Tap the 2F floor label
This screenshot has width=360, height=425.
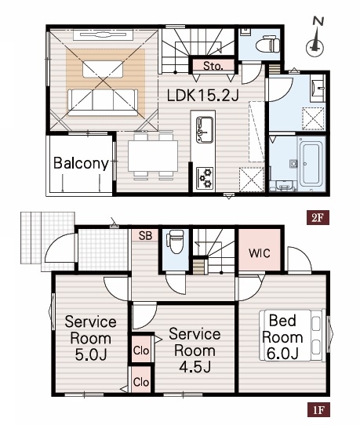click(318, 217)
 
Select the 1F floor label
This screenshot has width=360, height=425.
click(318, 409)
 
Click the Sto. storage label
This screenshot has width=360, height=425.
click(213, 66)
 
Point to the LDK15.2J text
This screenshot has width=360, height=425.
click(202, 96)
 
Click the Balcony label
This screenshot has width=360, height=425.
click(81, 163)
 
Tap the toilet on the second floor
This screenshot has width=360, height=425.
click(267, 44)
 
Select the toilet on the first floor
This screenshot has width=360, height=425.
click(175, 242)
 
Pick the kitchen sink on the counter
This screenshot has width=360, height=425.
click(205, 130)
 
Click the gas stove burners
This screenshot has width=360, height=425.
click(205, 178)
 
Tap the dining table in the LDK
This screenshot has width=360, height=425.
click(153, 156)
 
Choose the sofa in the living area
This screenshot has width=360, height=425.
click(103, 102)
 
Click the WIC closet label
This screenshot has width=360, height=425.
click(260, 253)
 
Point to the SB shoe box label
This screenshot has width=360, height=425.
click(145, 235)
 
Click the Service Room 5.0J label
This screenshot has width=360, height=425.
click(90, 338)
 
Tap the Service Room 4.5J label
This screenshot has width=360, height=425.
click(195, 351)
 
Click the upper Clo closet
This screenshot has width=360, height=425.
click(141, 349)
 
